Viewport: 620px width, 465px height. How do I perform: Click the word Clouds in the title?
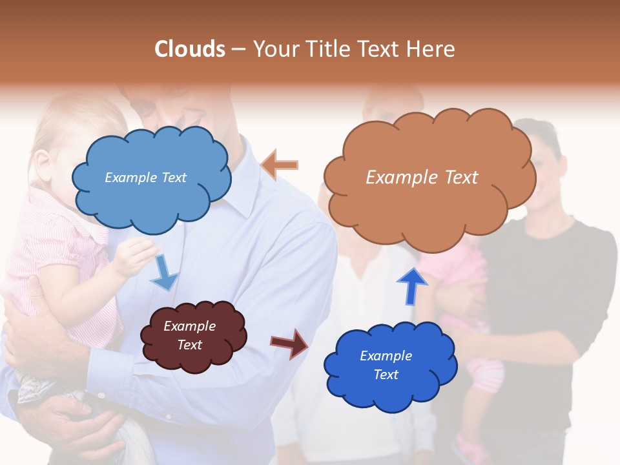[190, 49]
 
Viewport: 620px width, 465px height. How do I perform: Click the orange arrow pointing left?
[279, 165]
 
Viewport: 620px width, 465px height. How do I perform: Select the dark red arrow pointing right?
[289, 343]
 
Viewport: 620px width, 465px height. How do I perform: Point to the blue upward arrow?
[411, 285]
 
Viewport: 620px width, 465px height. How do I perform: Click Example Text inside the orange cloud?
[422, 178]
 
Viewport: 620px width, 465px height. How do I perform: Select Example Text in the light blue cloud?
[145, 178]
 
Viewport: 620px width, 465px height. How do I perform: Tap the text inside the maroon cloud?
[189, 336]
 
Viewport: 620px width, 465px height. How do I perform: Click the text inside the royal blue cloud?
[386, 365]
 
